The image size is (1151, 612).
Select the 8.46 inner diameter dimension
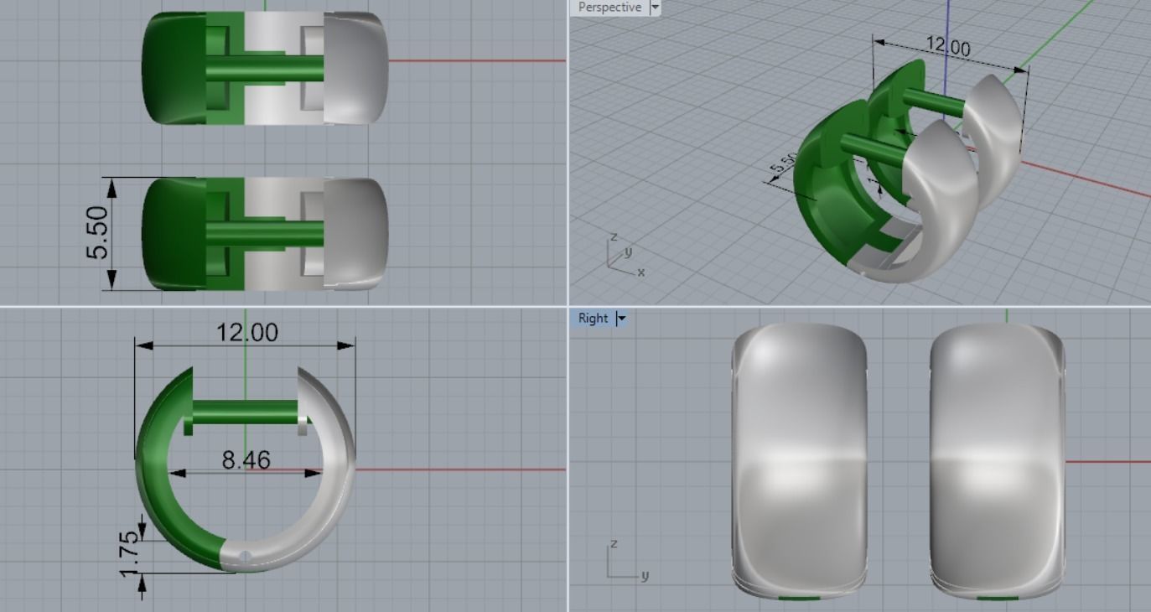pos(246,459)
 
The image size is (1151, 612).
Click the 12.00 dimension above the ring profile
pos(246,333)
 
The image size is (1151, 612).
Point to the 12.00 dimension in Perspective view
pos(947,47)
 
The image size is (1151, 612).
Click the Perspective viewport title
pos(609,8)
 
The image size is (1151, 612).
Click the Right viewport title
pos(593,319)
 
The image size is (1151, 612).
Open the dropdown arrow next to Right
pos(621,319)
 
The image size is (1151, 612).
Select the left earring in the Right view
pos(798,459)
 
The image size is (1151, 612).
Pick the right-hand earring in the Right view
pos(998,459)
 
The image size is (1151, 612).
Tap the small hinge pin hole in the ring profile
pos(246,556)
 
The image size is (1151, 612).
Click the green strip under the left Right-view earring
pos(798,598)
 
